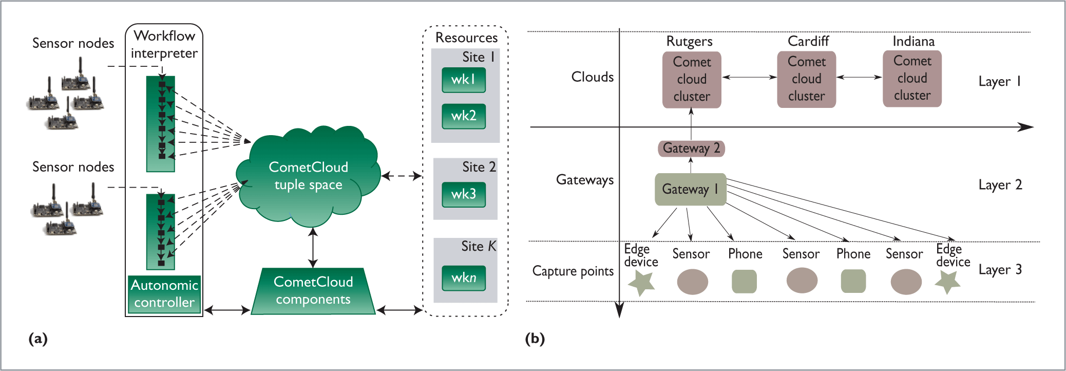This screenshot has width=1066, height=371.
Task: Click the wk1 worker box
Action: coord(464,80)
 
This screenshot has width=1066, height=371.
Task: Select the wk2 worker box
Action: coord(464,116)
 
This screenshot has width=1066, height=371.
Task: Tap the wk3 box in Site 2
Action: coord(464,194)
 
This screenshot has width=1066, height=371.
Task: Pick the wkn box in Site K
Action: coord(464,278)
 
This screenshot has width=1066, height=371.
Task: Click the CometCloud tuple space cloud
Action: coord(308,176)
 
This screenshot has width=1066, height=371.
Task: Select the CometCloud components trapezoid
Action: coord(313,291)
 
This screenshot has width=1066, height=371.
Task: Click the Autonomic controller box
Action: coord(164,294)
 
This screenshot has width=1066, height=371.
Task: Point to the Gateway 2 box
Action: coord(691,149)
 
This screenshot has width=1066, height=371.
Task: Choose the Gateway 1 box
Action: coord(690,189)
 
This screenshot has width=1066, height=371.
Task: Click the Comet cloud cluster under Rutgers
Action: coord(692,79)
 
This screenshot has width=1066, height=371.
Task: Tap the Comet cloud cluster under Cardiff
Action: coord(806,79)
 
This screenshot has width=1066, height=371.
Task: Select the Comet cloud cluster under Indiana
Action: coord(912,78)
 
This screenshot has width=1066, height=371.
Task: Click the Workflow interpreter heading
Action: coord(164,45)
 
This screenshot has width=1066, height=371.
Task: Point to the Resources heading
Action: coord(466,38)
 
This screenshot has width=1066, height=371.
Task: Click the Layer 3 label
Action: coord(1000,270)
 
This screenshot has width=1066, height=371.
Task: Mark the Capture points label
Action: coord(573,271)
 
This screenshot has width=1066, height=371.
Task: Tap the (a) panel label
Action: coord(38,339)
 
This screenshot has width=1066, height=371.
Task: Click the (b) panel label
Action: coord(535,339)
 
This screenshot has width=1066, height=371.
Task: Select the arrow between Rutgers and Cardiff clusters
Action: coord(749,77)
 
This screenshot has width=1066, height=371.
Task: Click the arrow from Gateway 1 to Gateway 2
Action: coord(691,165)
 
